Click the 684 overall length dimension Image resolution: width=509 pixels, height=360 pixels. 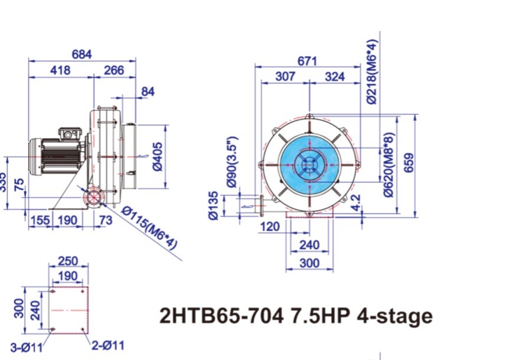[x=81, y=54]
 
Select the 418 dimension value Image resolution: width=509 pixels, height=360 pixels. [x=60, y=70]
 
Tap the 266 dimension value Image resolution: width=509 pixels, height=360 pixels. [x=114, y=70]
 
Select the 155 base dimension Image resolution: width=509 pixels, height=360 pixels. [x=39, y=220]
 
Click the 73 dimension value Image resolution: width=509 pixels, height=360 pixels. [x=106, y=220]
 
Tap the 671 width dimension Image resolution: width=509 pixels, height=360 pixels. [x=307, y=61]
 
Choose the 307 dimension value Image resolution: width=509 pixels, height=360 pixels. [x=285, y=76]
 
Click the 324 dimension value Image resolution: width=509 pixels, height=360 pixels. [x=335, y=76]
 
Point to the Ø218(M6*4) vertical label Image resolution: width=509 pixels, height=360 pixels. [x=372, y=72]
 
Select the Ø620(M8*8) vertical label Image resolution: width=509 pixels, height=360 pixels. [x=388, y=163]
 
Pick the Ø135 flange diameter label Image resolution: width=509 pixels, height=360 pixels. [x=214, y=205]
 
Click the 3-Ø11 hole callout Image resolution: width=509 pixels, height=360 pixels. [x=26, y=348]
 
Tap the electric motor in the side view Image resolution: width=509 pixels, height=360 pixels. [x=58, y=154]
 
